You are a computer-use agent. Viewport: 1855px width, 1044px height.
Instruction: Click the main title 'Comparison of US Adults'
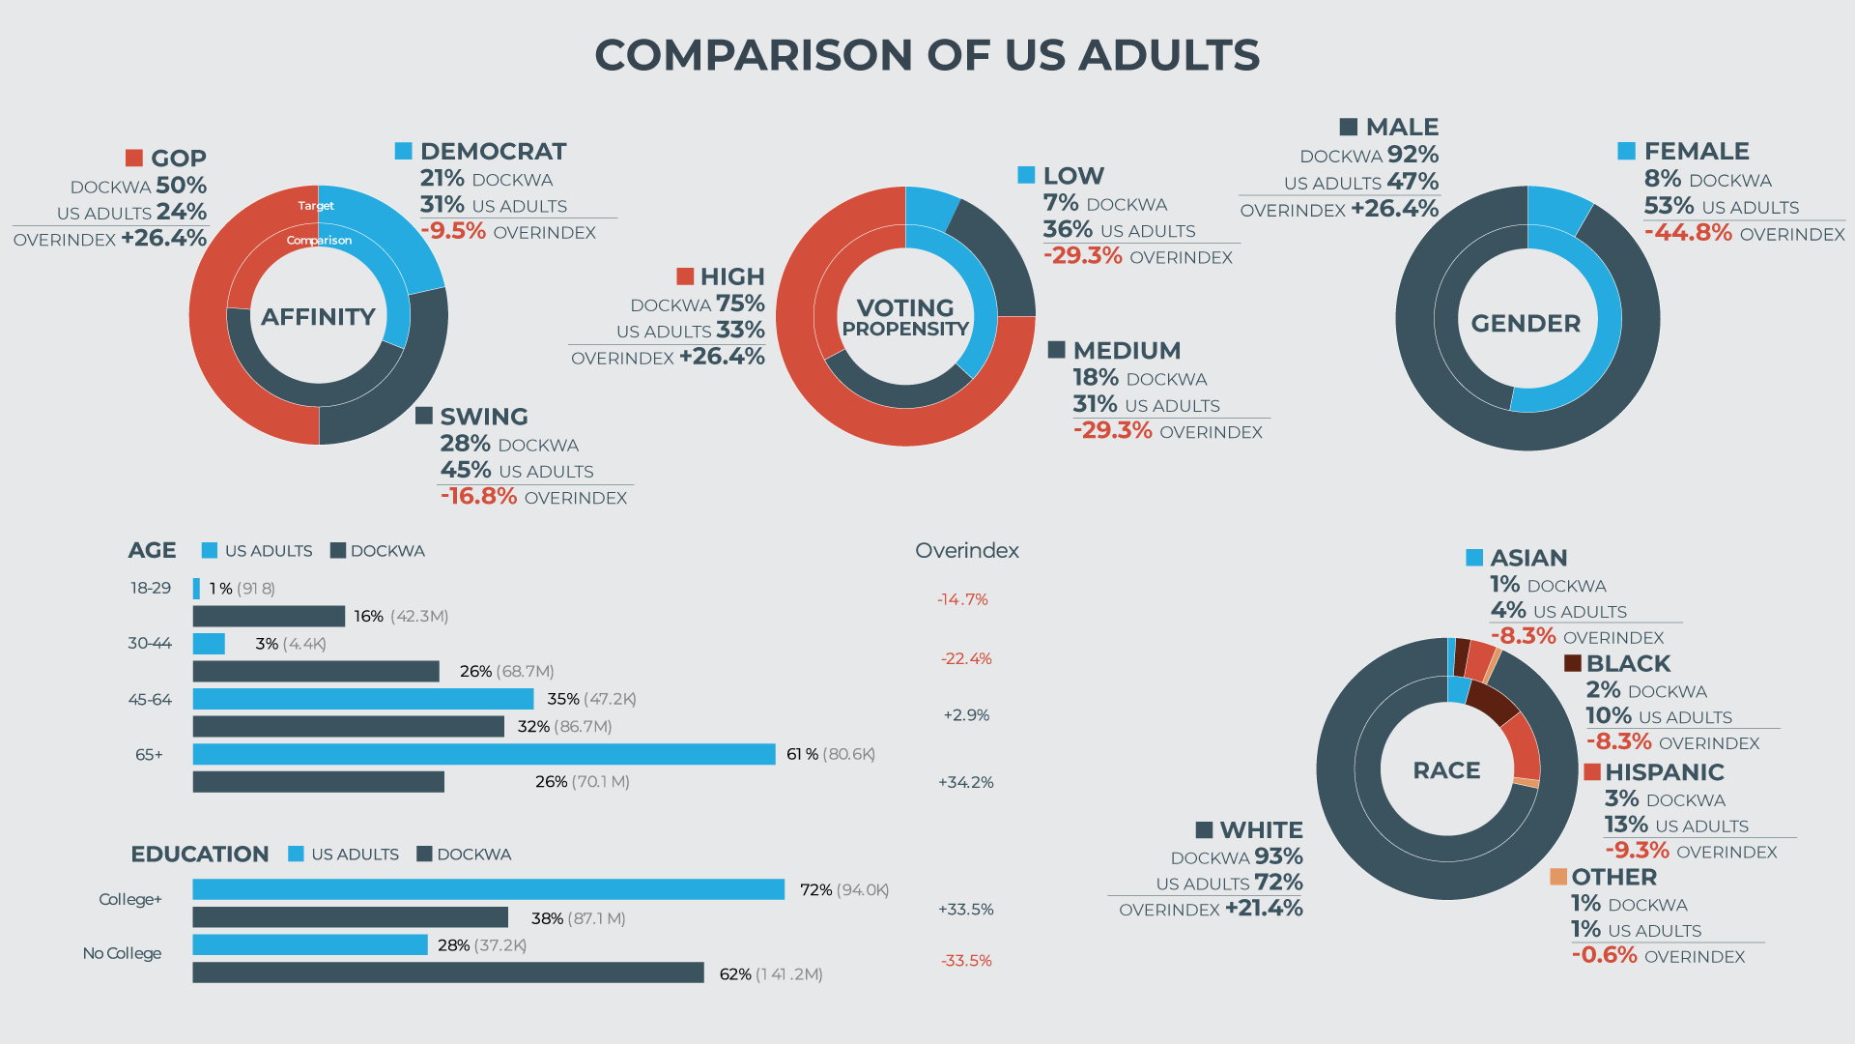[x=927, y=55]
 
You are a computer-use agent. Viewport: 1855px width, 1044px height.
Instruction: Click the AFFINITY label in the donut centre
[x=318, y=317]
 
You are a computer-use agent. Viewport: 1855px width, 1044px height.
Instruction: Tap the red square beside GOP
[x=134, y=158]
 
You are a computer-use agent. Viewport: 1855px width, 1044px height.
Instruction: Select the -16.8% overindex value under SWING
[x=479, y=496]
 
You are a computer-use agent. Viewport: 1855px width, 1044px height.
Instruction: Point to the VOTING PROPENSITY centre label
[x=905, y=317]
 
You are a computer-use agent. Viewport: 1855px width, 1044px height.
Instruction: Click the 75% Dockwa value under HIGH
[x=740, y=304]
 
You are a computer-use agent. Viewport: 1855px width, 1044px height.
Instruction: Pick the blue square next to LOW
[x=1026, y=175]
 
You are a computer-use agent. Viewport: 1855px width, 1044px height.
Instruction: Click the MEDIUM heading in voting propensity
[x=1127, y=350]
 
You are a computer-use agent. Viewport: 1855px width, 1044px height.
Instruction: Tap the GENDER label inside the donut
[x=1526, y=323]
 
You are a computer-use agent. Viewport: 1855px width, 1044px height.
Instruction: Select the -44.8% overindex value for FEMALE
[x=1688, y=232]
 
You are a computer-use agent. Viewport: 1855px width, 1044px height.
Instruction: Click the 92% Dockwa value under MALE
[x=1413, y=155]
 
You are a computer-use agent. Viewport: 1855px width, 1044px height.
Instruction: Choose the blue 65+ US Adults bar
[x=483, y=754]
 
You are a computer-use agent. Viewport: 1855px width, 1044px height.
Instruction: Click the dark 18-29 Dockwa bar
[x=269, y=616]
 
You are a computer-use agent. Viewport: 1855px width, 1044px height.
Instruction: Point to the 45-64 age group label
[x=150, y=699]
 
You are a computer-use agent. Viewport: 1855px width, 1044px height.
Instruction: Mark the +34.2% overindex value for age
[x=965, y=782]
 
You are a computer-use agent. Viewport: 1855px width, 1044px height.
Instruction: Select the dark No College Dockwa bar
[x=447, y=972]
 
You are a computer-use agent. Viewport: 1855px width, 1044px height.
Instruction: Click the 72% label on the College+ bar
[x=816, y=889]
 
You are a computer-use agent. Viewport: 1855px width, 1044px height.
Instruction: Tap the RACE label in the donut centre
[x=1446, y=770]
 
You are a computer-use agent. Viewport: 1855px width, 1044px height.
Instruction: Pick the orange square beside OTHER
[x=1558, y=877]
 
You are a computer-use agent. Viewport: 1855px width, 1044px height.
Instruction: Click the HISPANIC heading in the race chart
[x=1664, y=771]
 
